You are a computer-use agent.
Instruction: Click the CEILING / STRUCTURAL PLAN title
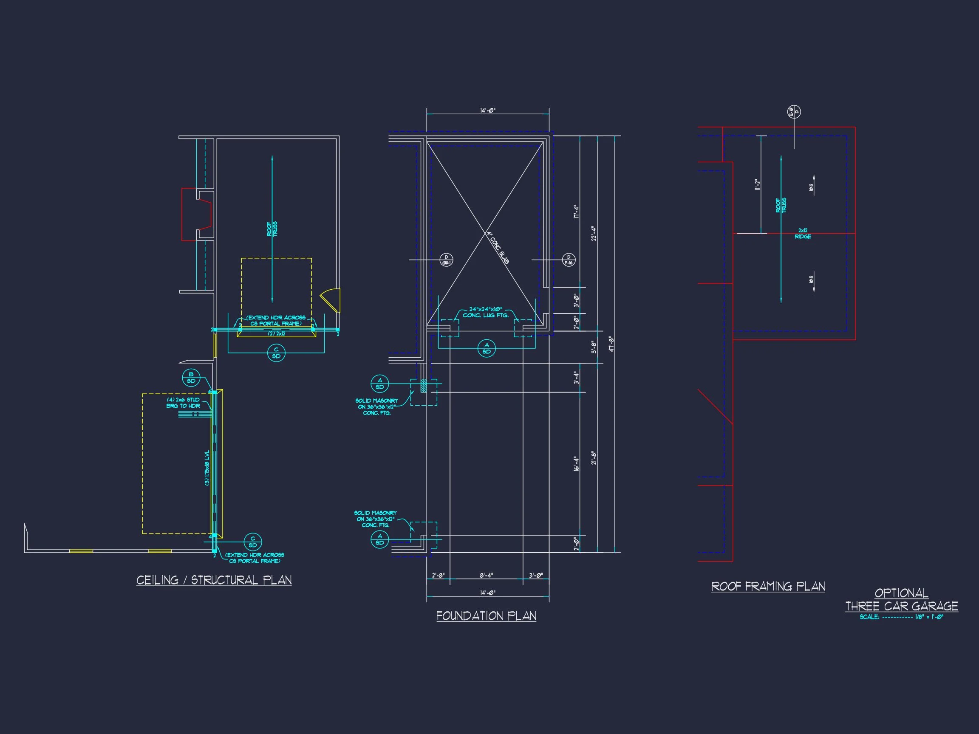pos(214,580)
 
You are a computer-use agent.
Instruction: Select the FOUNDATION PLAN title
pos(486,616)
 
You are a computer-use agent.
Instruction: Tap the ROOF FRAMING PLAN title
pos(768,586)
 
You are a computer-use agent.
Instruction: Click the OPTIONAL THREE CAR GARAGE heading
pos(901,600)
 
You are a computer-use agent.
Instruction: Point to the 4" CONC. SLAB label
pos(498,248)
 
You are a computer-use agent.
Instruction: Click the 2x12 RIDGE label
pos(802,234)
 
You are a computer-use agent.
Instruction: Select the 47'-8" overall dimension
pos(611,344)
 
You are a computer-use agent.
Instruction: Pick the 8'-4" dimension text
pos(486,576)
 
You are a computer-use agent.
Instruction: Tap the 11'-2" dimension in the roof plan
pos(757,184)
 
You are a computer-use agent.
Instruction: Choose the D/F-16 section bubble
pos(569,260)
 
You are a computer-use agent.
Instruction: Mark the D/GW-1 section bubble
pos(446,260)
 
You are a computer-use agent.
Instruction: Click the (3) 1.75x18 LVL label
pos(207,468)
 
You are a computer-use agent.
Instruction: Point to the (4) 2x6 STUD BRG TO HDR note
pos(183,403)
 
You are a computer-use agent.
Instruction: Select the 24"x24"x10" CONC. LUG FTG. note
pos(486,312)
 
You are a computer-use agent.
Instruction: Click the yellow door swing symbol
pos(331,300)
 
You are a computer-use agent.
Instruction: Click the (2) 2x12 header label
pos(277,333)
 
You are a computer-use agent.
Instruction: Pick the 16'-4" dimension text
pos(576,463)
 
